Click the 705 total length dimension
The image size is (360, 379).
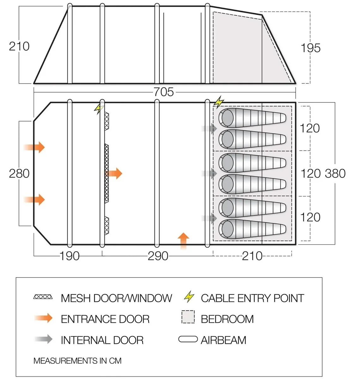click(x=163, y=92)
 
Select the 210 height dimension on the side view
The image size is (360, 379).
click(x=19, y=46)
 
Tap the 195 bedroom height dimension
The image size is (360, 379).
click(x=310, y=48)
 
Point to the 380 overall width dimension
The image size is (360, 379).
click(x=335, y=173)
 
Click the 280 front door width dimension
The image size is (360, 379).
click(x=19, y=173)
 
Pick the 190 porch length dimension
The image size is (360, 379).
click(x=70, y=256)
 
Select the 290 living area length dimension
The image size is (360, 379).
click(x=158, y=256)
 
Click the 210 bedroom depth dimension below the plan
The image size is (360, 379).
click(x=252, y=256)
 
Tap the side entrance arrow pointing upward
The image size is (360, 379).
click(x=183, y=241)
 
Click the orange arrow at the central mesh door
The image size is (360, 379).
click(x=114, y=173)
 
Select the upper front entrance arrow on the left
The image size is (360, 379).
click(x=34, y=147)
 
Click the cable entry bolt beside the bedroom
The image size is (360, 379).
click(x=219, y=102)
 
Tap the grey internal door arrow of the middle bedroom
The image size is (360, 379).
click(x=210, y=173)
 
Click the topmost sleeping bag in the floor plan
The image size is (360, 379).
click(x=252, y=118)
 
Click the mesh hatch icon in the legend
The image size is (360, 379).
click(x=43, y=297)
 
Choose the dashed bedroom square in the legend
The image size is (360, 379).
click(x=188, y=317)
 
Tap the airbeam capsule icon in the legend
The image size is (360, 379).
click(x=188, y=339)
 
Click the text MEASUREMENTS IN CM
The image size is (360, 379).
click(x=77, y=361)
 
